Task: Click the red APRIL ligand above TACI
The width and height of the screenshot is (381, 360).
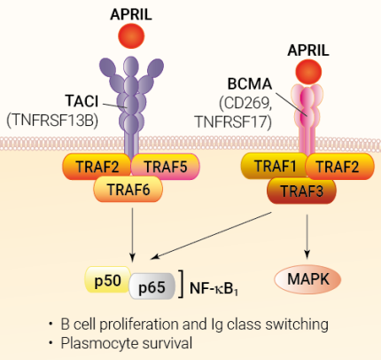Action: coord(131,36)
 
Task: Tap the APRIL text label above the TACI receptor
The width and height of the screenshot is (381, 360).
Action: coord(131,12)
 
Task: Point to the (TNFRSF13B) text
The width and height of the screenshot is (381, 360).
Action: coord(53,119)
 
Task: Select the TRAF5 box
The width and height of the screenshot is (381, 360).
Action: coord(162,164)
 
